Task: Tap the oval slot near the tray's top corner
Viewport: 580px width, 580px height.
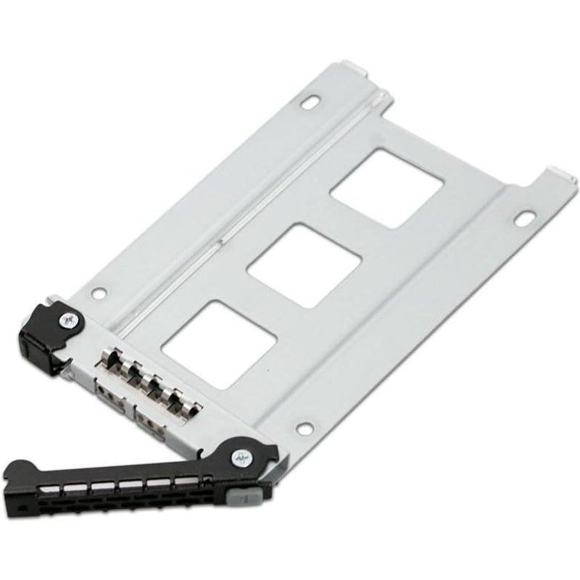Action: pyautogui.click(x=312, y=104)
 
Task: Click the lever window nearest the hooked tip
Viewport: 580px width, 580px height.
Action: pyautogui.click(x=54, y=484)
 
